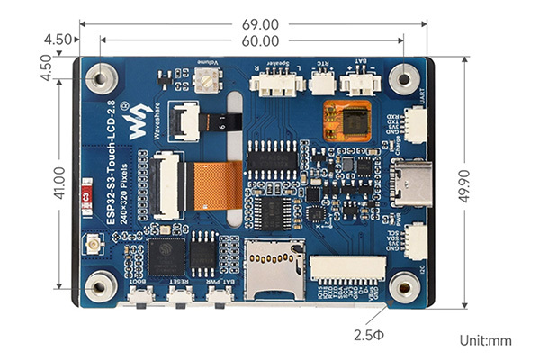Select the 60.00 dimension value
258,41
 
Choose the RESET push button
182,296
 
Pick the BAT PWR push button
217,296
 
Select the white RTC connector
320,85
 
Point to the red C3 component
85,193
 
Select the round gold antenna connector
93,244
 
